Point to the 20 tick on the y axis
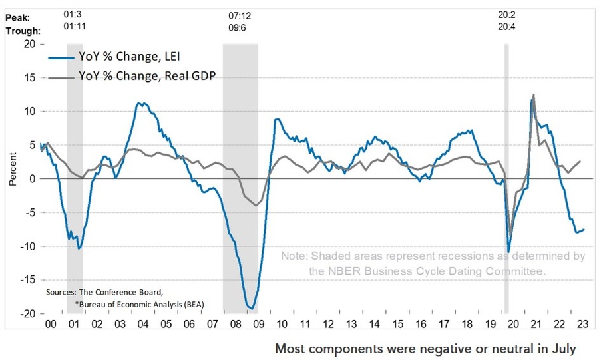[31, 43]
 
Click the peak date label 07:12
[240, 13]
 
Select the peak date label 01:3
[73, 13]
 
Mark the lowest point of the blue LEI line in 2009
[250, 308]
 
